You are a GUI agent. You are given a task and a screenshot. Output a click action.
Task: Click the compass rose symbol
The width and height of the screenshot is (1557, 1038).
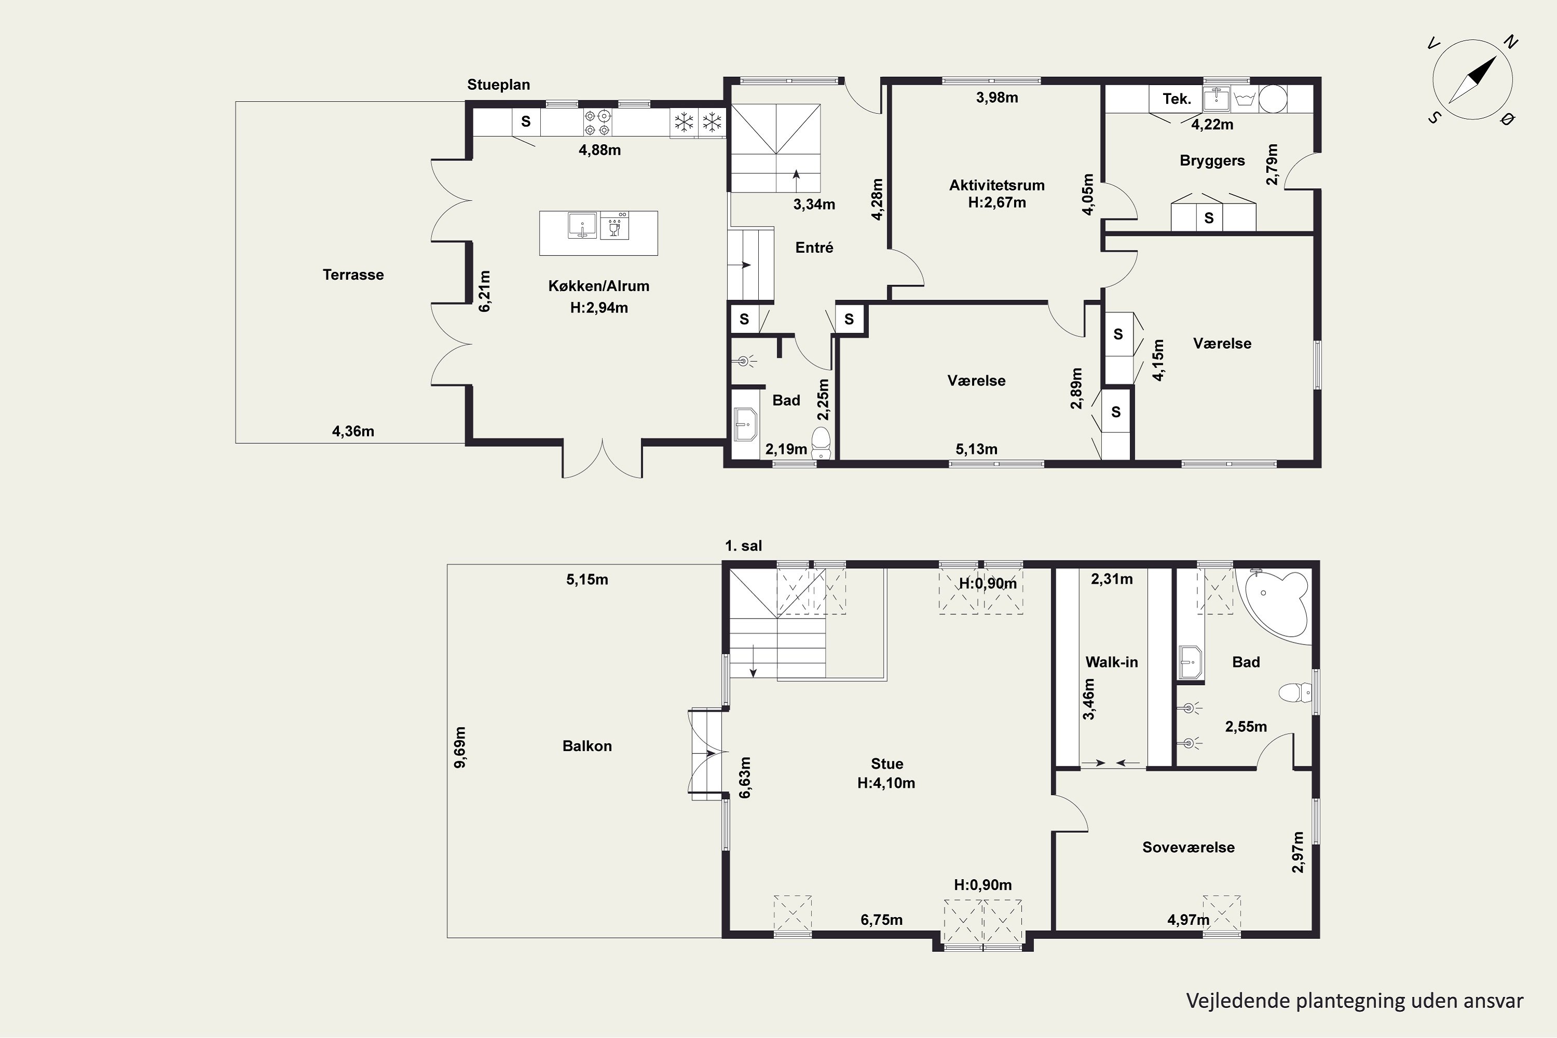point(1472,79)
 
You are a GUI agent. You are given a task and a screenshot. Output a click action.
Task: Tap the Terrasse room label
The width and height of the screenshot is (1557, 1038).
point(353,275)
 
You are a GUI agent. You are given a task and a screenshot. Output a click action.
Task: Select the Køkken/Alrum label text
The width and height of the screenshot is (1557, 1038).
point(598,286)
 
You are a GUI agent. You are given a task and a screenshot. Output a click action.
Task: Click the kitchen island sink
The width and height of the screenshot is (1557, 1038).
point(582,225)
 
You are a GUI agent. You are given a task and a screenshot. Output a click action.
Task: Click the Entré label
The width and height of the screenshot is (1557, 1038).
point(814,248)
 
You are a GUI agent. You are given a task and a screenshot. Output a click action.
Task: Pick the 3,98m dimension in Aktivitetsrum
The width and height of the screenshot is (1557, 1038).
point(997,98)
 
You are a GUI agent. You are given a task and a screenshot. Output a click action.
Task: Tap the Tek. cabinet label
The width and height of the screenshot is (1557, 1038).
point(1177,99)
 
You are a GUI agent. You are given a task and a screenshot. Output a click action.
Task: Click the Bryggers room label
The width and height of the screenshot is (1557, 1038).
point(1212,161)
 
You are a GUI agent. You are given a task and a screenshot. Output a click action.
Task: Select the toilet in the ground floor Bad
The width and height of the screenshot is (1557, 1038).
point(821,443)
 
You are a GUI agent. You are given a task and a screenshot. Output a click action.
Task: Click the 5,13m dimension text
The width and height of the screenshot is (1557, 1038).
point(976,449)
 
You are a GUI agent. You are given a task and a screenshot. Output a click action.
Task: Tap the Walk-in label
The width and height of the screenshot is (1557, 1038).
point(1112,662)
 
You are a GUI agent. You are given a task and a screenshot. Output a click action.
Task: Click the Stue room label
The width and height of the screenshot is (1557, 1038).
point(887,763)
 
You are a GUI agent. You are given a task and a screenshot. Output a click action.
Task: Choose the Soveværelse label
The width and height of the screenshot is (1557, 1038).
point(1189,848)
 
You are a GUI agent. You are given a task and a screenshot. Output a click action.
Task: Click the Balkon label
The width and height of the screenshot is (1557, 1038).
point(587,746)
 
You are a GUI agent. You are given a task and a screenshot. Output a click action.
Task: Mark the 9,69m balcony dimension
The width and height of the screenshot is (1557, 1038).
point(460,747)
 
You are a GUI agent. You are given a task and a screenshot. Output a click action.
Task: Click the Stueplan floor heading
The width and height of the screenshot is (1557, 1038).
point(498,85)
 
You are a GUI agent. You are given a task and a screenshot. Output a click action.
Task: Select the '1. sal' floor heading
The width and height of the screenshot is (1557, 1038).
point(743,546)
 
